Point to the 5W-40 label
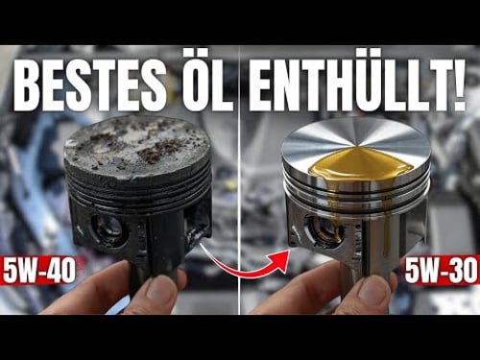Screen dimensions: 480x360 [39, 271]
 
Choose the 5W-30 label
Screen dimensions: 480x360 [442, 271]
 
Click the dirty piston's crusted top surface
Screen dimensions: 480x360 [137, 144]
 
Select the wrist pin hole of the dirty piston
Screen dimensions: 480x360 [108, 228]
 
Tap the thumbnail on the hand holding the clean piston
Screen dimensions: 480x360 [374, 291]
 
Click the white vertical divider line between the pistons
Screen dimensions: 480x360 [240, 180]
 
